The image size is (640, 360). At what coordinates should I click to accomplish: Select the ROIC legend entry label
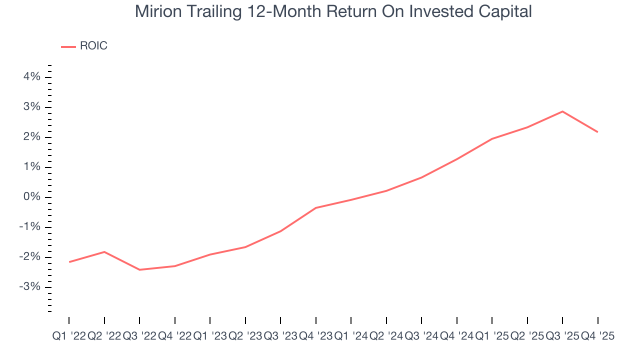[93, 46]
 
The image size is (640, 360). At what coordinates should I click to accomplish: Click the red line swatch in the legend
[68, 46]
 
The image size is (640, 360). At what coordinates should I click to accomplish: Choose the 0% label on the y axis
[31, 197]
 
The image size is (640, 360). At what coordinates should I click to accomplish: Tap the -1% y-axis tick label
[29, 227]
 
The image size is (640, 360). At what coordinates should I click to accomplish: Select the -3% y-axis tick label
[29, 287]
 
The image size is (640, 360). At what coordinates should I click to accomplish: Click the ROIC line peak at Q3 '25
[562, 111]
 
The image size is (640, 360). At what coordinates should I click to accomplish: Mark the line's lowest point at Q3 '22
[139, 269]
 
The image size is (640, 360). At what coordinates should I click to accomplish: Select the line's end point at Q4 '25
[597, 132]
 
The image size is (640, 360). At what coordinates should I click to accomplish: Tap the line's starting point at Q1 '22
[69, 262]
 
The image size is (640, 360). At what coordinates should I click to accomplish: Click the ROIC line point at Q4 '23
[316, 207]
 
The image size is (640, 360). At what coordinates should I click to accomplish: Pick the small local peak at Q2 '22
[104, 251]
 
